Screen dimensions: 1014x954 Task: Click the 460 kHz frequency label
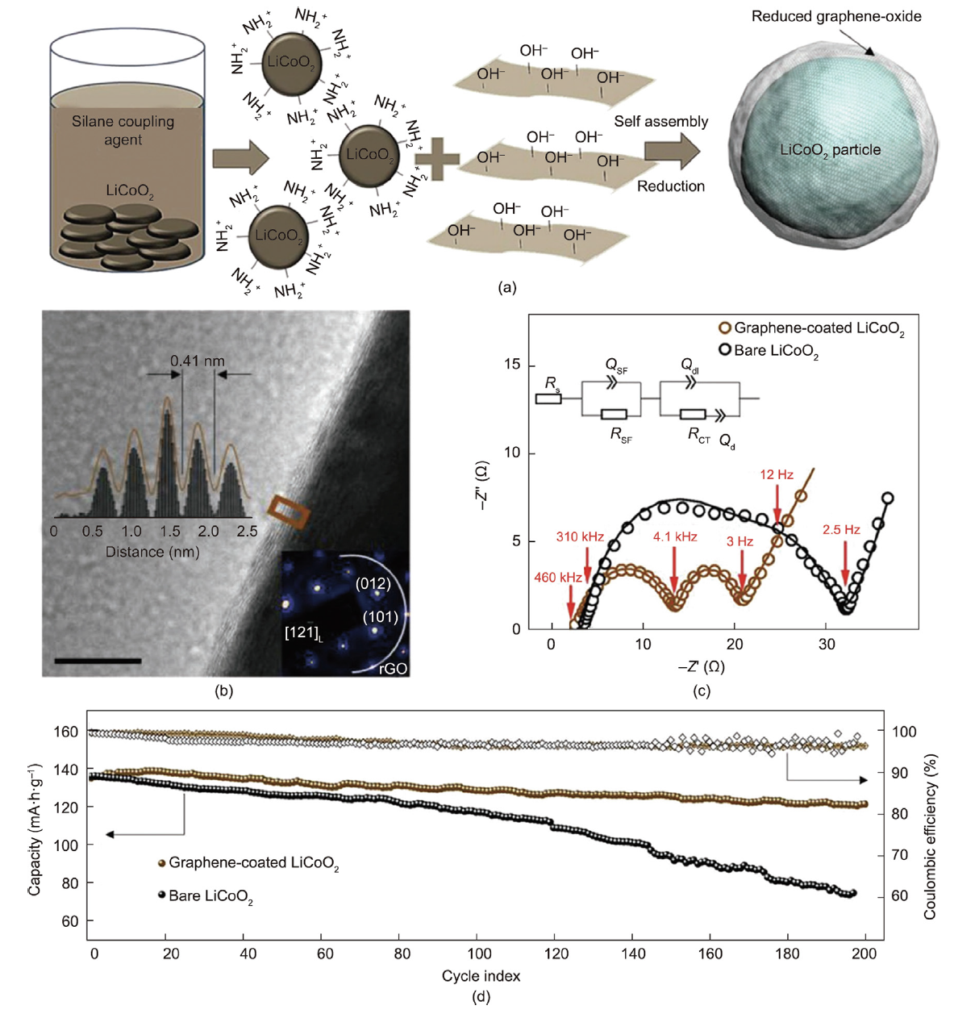coord(557,578)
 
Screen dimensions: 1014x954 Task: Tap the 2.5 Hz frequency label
coord(840,530)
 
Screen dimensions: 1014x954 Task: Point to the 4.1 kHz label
coord(674,536)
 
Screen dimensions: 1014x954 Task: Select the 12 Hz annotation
coord(776,475)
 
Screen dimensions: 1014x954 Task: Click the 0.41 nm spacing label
coord(197,361)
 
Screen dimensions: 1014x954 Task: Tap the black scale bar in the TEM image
coord(98,661)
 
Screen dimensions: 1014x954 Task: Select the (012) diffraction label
coord(373,584)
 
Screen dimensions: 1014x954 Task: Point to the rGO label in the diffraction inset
coord(393,668)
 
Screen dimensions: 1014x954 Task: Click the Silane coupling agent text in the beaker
coord(123,131)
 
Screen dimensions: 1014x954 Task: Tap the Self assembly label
coord(660,122)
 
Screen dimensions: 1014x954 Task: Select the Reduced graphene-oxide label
coord(835,16)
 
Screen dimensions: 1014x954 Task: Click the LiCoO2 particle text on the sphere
coord(830,150)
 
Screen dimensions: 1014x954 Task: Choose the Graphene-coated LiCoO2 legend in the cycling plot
coord(252,864)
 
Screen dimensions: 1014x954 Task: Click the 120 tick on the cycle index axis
coord(556,953)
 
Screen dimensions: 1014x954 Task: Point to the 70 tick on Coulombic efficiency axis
coord(898,855)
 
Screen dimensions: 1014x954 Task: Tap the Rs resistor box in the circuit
coord(549,399)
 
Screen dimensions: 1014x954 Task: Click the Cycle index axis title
coord(481,976)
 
